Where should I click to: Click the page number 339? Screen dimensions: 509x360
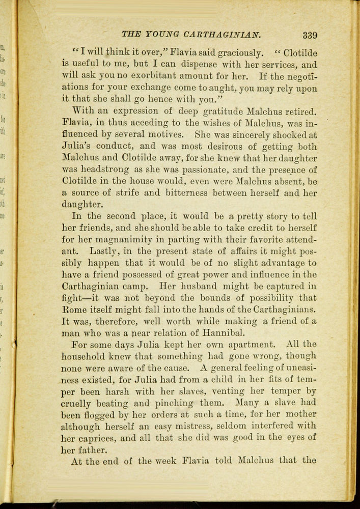[310, 35]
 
